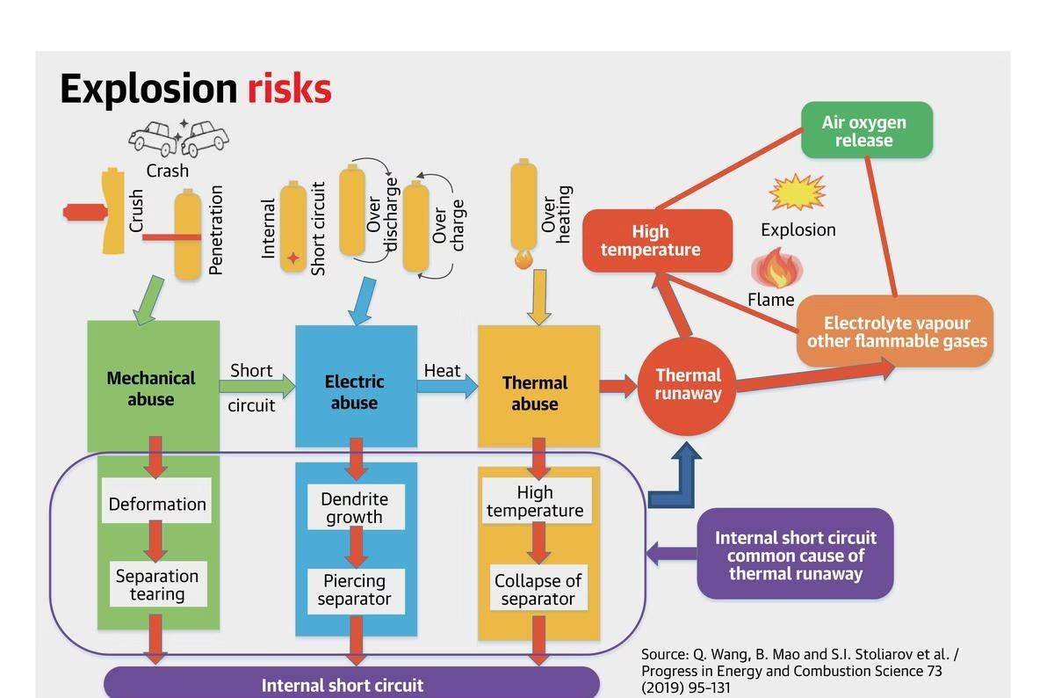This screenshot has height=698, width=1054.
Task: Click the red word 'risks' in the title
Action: click(289, 90)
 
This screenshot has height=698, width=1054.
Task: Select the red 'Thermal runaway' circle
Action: click(688, 385)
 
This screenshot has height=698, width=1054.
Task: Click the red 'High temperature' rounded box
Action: click(656, 241)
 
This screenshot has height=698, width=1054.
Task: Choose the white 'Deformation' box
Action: click(157, 504)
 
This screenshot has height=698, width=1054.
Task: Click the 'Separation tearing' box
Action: click(157, 585)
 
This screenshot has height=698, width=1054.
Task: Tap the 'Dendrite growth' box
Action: click(355, 507)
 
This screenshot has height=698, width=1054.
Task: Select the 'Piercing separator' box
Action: click(355, 590)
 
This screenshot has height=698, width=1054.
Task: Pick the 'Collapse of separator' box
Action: click(538, 590)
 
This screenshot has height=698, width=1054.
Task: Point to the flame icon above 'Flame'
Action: click(773, 268)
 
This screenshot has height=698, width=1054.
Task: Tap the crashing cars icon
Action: click(179, 137)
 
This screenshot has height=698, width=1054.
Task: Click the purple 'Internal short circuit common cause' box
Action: click(795, 554)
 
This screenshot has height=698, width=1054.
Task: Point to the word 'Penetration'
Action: click(216, 229)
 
